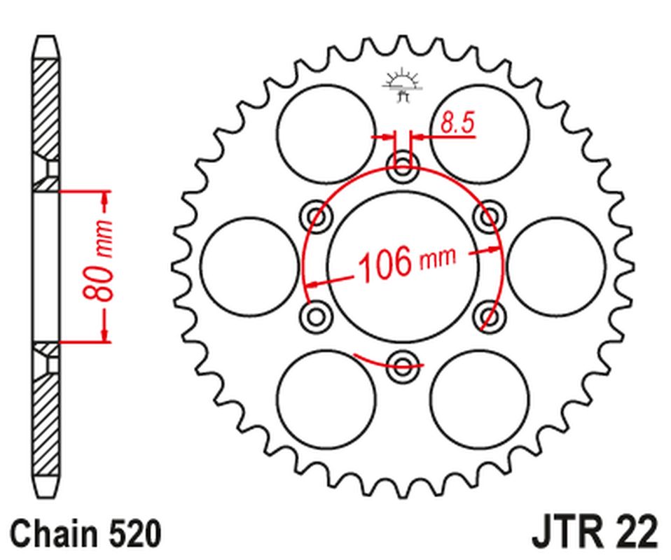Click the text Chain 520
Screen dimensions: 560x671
[86, 533]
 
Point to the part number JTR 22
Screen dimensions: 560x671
[595, 533]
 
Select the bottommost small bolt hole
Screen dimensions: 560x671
[403, 362]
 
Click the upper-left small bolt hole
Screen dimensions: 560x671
[317, 216]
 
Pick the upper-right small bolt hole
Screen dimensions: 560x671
[487, 216]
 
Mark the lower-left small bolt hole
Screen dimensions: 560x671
[317, 315]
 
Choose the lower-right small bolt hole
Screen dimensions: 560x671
[488, 315]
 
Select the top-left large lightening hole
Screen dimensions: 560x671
[325, 133]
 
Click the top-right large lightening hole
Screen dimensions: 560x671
[480, 133]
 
